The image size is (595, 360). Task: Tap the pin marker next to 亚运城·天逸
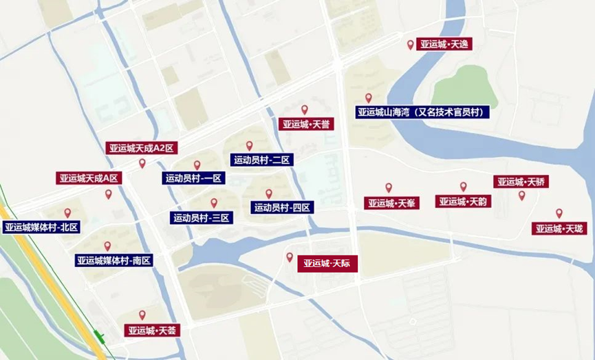411,45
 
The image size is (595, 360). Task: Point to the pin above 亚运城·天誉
305,109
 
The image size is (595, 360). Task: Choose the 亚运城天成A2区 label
142,148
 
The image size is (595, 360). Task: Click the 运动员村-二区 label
262,160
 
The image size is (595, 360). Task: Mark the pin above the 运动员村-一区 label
197,165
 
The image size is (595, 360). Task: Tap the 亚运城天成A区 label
89,178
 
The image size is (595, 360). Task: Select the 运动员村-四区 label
283,207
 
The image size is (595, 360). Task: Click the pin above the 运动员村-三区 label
214,202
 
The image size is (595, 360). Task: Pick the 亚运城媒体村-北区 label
41,227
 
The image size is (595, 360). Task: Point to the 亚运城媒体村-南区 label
113,261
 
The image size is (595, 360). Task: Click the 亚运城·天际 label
328,264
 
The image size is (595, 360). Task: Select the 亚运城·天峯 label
391,203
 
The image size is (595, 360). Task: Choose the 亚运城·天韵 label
464,202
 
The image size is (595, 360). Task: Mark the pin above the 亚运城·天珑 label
559,213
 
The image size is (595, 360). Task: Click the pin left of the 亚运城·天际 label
290,257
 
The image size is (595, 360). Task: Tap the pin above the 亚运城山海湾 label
369,98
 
